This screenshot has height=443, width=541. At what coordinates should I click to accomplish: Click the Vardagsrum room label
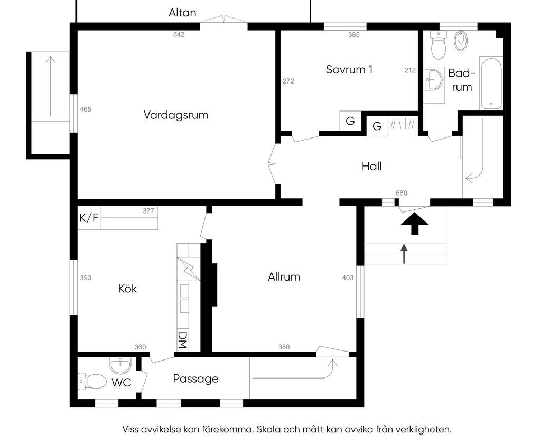coord(175,115)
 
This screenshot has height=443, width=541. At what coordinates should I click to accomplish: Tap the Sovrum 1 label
coord(349,69)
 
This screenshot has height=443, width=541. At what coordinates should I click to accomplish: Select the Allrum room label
coord(284,276)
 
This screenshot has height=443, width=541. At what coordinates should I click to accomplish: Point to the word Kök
coord(127,289)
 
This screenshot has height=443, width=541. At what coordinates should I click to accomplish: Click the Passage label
coord(195,379)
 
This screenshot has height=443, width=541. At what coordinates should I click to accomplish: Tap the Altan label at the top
coord(182,13)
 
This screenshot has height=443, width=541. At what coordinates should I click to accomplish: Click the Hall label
coord(371,166)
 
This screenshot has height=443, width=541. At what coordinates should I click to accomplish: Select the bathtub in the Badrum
coord(491,83)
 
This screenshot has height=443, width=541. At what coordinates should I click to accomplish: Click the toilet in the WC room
coord(91,381)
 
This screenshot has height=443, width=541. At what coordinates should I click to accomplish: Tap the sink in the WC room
coord(120,365)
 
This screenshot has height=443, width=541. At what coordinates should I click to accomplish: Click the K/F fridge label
coord(89,218)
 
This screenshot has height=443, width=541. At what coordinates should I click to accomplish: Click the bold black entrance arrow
coord(414,224)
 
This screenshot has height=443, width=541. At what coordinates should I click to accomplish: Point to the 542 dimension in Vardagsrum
coord(179,35)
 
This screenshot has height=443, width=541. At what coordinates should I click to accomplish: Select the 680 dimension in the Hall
coord(402,193)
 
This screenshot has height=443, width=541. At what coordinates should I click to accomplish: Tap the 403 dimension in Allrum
coord(348,278)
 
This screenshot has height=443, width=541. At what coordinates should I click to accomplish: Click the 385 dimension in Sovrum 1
coord(354,35)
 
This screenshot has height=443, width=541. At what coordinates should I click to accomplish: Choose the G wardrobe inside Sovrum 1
coord(350,121)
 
